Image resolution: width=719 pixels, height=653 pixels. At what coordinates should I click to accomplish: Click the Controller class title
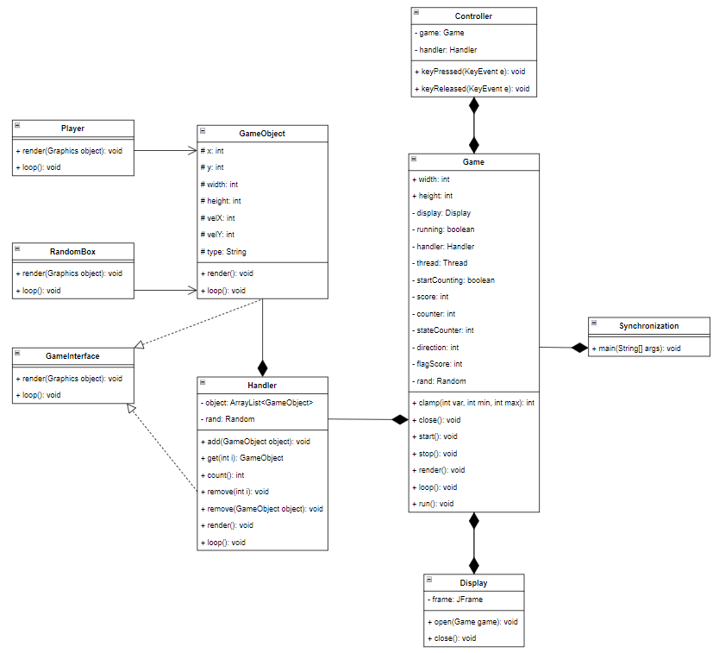pyautogui.click(x=473, y=16)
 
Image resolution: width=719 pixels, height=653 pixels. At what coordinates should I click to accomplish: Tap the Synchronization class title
pyautogui.click(x=648, y=325)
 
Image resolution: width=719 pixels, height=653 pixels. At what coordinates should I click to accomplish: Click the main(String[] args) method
pyautogui.click(x=636, y=348)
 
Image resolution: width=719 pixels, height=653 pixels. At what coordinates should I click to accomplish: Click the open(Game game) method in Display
pyautogui.click(x=472, y=622)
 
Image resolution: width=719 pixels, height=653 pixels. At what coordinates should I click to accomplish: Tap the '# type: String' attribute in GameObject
pyautogui.click(x=223, y=252)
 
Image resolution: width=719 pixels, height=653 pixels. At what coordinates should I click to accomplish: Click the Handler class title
pyautogui.click(x=262, y=385)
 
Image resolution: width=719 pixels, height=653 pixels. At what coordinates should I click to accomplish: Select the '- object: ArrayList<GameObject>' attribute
pyautogui.click(x=256, y=403)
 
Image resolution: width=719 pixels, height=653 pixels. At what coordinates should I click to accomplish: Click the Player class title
pyautogui.click(x=73, y=128)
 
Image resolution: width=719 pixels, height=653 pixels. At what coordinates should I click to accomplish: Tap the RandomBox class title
pyautogui.click(x=73, y=250)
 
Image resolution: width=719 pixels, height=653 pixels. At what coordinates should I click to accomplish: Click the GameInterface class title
pyautogui.click(x=73, y=355)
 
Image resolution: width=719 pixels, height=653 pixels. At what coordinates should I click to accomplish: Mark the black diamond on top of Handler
pyautogui.click(x=262, y=367)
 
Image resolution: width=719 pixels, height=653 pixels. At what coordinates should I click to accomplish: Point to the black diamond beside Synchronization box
pyautogui.click(x=579, y=348)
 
